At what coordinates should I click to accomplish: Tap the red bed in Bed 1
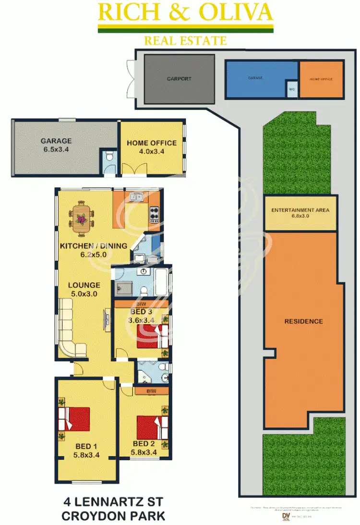(x=74, y=419)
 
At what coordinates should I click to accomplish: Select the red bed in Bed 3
(x=152, y=335)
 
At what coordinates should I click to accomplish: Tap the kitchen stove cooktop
(x=154, y=214)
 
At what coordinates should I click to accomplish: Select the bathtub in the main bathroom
(x=161, y=282)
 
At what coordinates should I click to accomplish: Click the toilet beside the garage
(x=109, y=156)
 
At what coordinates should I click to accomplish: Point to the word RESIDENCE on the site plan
(x=303, y=321)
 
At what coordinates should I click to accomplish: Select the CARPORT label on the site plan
(x=179, y=78)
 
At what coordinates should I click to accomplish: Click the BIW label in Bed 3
(x=141, y=304)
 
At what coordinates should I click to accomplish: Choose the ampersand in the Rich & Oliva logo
(x=186, y=12)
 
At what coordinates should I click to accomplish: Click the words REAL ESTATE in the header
(x=185, y=40)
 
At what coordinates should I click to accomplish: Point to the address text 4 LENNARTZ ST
(x=113, y=502)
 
